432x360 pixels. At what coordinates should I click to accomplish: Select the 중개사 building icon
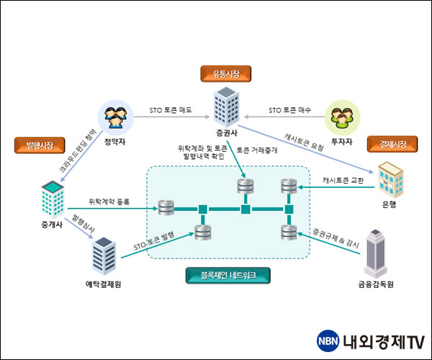tap(53, 199)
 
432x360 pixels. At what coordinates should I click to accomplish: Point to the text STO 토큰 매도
tap(171, 110)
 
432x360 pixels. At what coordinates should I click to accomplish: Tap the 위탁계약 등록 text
tap(109, 202)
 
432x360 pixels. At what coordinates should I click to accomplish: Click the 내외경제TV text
tap(383, 341)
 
